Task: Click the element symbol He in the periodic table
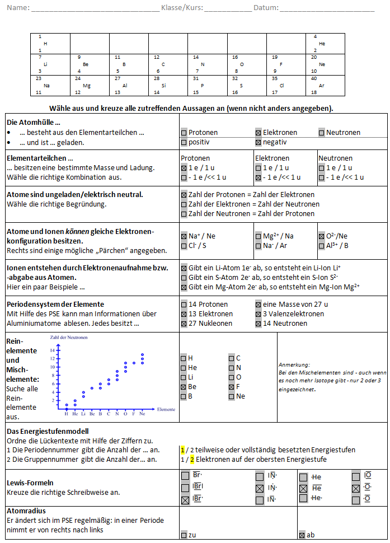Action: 322,43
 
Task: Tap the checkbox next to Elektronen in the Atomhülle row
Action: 259,133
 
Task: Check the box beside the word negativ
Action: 259,143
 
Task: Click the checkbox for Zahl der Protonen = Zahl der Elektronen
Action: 184,195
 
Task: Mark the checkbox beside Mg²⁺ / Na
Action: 259,236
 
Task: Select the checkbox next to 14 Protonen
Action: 184,305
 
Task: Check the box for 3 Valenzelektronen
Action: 259,314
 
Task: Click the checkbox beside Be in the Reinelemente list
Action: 184,387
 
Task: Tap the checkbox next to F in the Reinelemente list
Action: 232,387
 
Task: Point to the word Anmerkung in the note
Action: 292,363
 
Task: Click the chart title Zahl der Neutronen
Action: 69,337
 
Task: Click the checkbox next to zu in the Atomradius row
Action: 184,535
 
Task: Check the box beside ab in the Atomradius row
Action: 302,535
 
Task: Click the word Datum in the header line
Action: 265,8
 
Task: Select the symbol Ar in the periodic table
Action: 322,86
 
